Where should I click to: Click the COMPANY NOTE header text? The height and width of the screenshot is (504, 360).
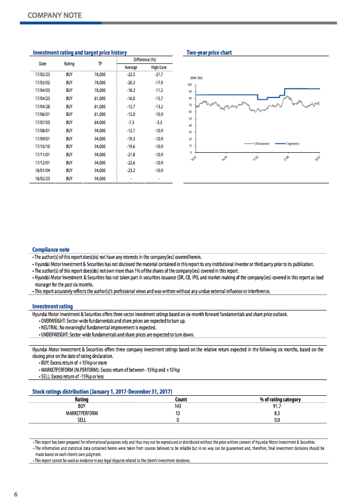[x=54, y=15]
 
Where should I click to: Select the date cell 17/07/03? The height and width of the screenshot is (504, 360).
[x=41, y=122]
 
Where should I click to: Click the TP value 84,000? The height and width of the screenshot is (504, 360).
[x=100, y=122]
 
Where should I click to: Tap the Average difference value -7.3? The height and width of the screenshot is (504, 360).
[x=131, y=122]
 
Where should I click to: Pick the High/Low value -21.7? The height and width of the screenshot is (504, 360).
[x=158, y=74]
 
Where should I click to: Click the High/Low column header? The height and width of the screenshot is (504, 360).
[x=158, y=67]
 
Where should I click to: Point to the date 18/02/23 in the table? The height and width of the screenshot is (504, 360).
[x=41, y=178]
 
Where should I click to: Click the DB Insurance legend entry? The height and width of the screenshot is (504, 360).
[x=262, y=144]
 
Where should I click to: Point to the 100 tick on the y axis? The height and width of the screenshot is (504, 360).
[x=189, y=84]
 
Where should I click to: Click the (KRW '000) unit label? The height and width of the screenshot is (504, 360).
[x=197, y=78]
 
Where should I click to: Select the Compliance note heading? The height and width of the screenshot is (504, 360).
[x=51, y=250]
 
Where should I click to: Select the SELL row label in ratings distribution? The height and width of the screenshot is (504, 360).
[x=82, y=420]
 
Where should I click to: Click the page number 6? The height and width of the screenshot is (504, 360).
[x=16, y=494]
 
